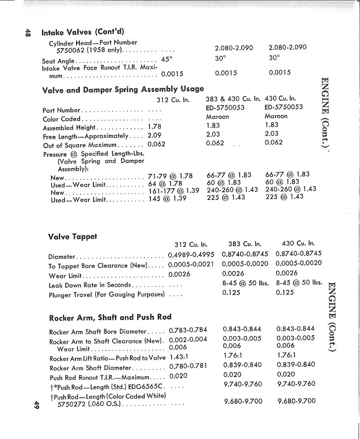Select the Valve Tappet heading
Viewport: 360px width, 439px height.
[73, 236]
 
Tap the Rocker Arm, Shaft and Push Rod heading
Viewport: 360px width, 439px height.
[110, 318]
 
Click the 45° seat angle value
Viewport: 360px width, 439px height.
[166, 59]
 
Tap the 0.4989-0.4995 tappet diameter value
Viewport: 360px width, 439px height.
[191, 255]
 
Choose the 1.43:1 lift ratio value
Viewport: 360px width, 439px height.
[180, 356]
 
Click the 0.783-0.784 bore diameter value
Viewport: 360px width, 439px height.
[188, 330]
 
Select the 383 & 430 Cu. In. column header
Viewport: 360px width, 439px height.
[233, 99]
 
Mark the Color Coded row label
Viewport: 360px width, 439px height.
[61, 119]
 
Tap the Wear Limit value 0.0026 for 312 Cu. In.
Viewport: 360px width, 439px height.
[179, 274]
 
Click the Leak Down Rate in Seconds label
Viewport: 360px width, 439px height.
[90, 285]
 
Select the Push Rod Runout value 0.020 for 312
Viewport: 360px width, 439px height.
[178, 376]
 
